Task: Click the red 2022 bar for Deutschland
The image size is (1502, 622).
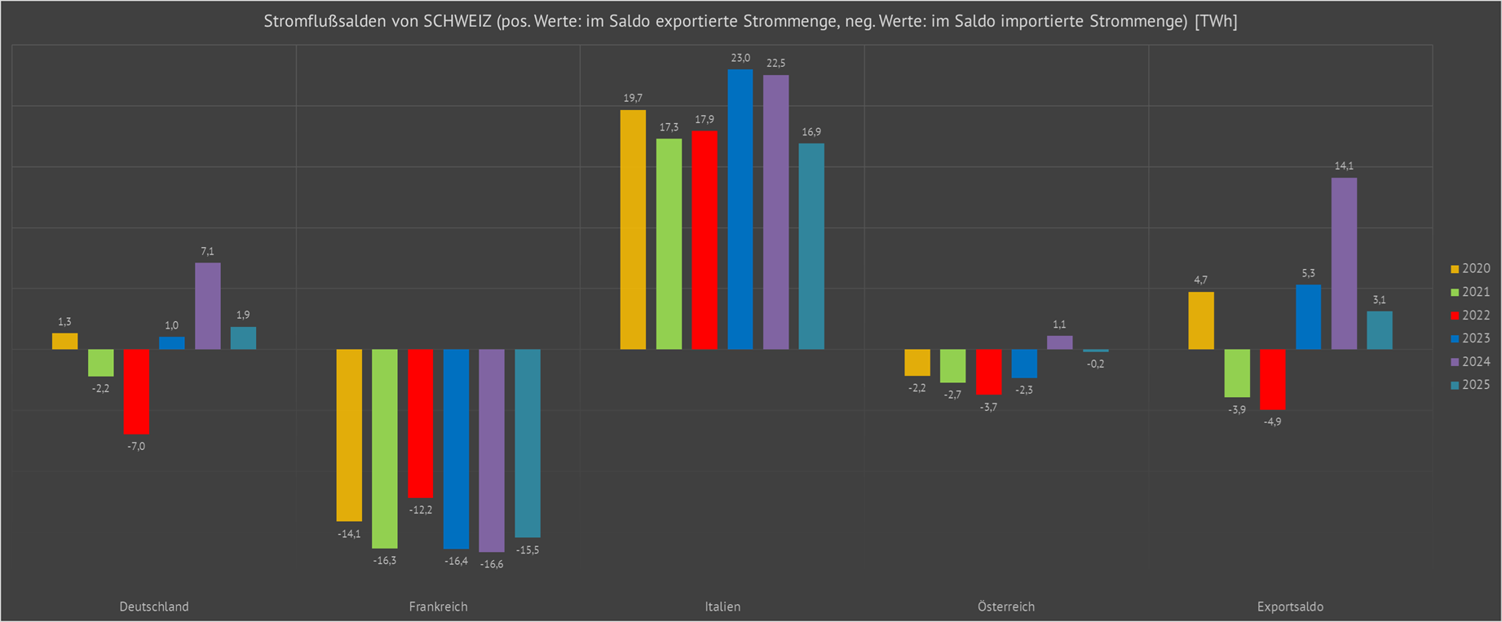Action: (136, 391)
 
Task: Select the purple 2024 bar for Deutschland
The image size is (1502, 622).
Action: (207, 306)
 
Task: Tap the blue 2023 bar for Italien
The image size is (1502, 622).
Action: (740, 210)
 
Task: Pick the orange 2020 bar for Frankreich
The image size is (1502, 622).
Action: (349, 435)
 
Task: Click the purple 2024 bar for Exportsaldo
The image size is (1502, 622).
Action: (1344, 263)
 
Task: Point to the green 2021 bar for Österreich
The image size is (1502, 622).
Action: (952, 366)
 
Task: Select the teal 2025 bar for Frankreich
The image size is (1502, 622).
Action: (528, 443)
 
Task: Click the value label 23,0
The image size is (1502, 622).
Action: (740, 58)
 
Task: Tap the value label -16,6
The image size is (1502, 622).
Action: (492, 564)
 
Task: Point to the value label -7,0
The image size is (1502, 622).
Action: (136, 446)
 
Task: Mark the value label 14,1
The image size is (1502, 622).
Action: (1344, 166)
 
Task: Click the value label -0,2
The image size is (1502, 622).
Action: (1095, 364)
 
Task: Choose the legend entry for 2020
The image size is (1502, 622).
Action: (1470, 268)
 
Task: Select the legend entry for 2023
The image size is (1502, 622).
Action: (1470, 338)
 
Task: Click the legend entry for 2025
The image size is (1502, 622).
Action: (1470, 385)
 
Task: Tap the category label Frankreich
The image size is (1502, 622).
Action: (438, 607)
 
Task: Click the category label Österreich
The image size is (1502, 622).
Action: (1005, 607)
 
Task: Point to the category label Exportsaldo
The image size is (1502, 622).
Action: (1290, 607)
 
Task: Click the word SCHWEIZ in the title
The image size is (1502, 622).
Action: (457, 21)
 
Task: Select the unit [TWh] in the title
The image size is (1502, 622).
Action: (1216, 21)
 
